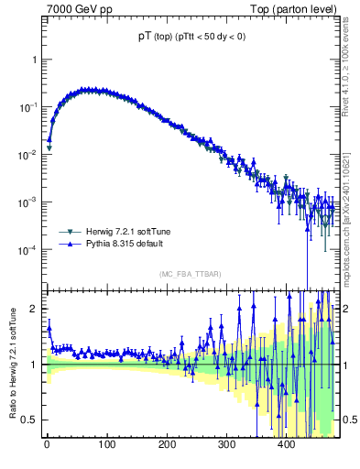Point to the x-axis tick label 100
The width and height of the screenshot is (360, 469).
point(106,445)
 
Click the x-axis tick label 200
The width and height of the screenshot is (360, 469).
point(167,445)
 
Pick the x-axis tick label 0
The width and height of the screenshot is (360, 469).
point(47,445)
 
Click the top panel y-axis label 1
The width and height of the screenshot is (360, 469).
point(34,60)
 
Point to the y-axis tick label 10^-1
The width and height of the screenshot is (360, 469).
point(28,107)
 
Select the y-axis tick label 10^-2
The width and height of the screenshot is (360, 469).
point(28,155)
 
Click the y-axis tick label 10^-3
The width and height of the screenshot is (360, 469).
point(28,202)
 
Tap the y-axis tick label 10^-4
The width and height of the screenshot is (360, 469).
point(28,250)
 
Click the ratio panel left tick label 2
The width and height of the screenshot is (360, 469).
point(34,309)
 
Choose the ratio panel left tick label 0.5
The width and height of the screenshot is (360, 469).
point(29,420)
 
